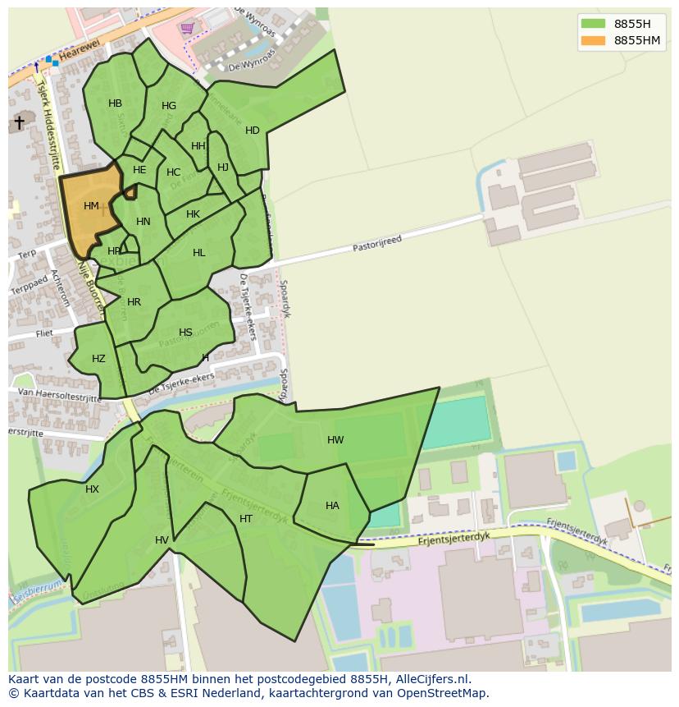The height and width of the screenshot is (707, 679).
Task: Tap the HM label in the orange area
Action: pyautogui.click(x=91, y=206)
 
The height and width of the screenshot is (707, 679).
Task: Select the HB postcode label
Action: pyautogui.click(x=115, y=103)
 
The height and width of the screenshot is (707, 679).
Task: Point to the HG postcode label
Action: pyautogui.click(x=169, y=106)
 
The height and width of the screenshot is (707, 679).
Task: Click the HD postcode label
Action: pyautogui.click(x=253, y=131)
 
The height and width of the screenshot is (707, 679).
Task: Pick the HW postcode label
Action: pyautogui.click(x=335, y=440)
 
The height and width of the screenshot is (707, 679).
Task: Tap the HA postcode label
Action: pyautogui.click(x=332, y=506)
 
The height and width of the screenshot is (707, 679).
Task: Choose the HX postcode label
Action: pyautogui.click(x=92, y=489)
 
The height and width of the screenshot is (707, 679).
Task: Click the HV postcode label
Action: pyautogui.click(x=162, y=539)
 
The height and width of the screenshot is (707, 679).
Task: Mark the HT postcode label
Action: pyautogui.click(x=246, y=519)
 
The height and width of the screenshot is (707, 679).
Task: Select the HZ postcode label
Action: pyautogui.click(x=98, y=359)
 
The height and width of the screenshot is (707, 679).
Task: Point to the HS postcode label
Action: pyautogui.click(x=185, y=333)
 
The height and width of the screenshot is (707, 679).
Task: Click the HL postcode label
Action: pyautogui.click(x=199, y=253)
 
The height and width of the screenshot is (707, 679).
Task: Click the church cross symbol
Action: pyautogui.click(x=19, y=122)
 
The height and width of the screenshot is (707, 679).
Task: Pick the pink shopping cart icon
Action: pyautogui.click(x=188, y=28)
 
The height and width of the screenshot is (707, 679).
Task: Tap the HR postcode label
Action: pyautogui.click(x=134, y=302)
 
